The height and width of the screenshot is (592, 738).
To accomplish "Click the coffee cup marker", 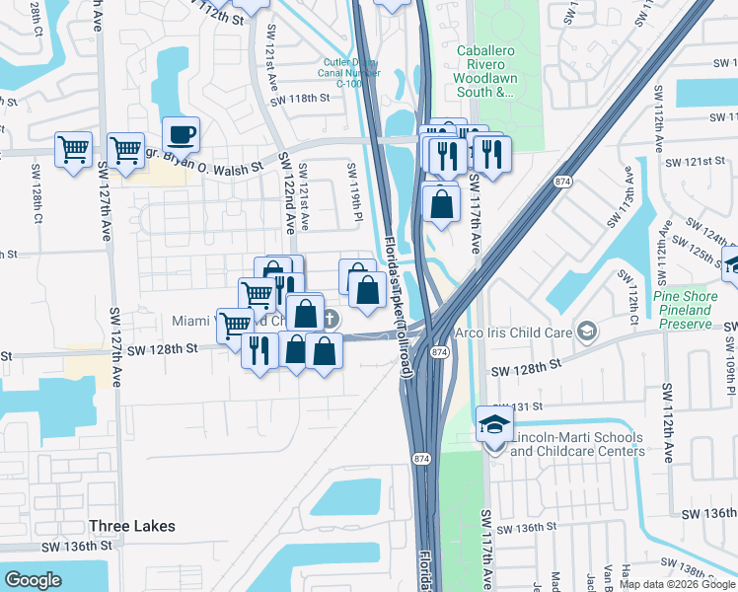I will click(x=181, y=134).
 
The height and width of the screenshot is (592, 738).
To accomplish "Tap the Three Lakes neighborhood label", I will click(x=132, y=526).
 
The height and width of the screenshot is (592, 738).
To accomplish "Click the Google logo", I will click(x=33, y=580).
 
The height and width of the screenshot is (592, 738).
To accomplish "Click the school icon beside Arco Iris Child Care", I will click(x=588, y=331).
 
